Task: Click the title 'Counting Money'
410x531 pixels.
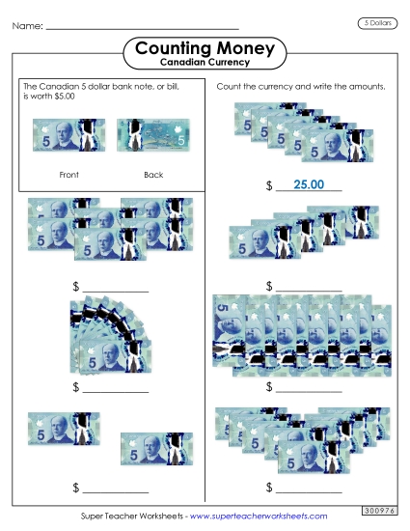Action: coord(205,47)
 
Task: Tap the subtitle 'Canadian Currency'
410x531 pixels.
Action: coord(205,63)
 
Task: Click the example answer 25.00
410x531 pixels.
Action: coord(308,184)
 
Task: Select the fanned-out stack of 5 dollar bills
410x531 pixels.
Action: coord(108,339)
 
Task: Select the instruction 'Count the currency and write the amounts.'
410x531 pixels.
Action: coord(301,87)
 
